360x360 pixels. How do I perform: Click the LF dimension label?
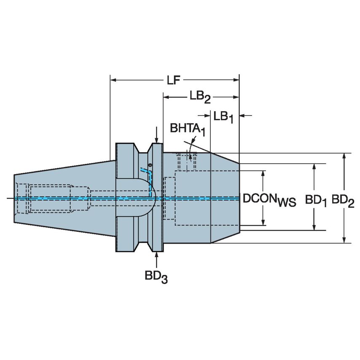coord(171,80)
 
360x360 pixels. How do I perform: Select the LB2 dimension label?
coord(199,98)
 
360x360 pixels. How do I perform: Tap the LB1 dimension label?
coord(223,117)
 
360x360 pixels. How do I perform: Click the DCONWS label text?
coord(269,199)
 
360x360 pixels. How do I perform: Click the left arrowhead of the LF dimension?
coord(113,79)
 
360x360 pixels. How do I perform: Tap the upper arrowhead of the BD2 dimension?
coord(345,156)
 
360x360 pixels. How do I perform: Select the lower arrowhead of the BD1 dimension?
coord(314,228)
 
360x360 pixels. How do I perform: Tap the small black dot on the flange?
coord(150,164)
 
